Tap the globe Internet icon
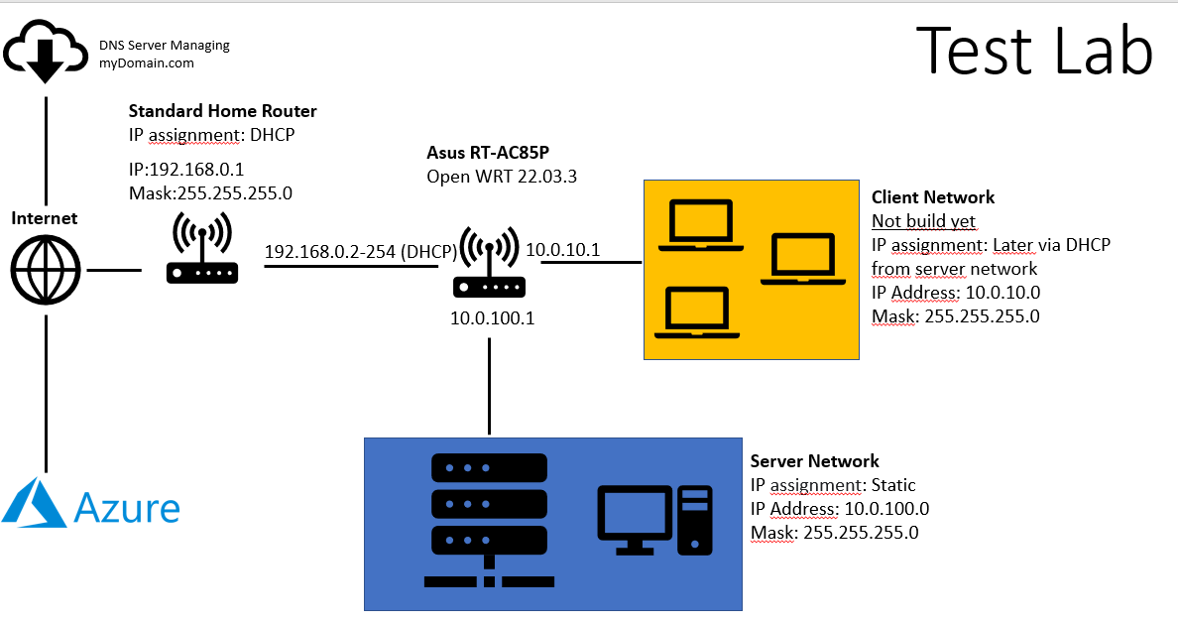pos(46,269)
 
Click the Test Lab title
pos(1033,52)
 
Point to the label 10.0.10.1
pos(562,250)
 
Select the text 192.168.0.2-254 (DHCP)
pos(360,252)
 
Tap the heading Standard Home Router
pos(222,111)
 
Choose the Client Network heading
pos(932,197)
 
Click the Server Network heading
pos(814,461)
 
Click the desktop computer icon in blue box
pos(653,519)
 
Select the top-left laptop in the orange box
pos(701,222)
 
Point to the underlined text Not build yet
pos(923,221)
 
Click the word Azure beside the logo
pos(128,509)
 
